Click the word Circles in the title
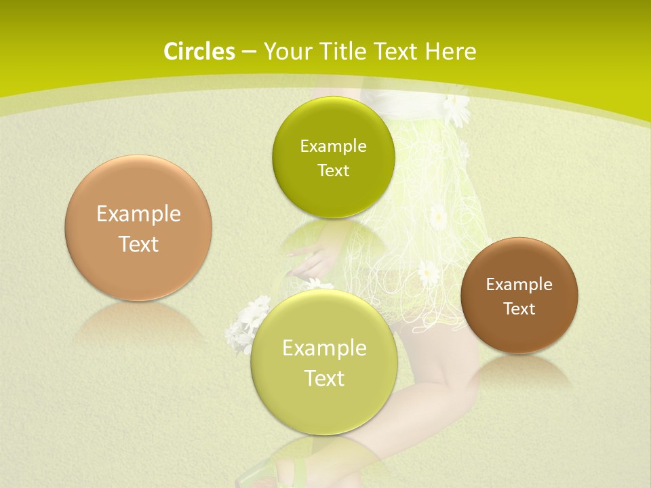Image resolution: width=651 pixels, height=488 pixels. pyautogui.click(x=199, y=52)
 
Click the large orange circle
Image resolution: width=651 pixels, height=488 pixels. pyautogui.click(x=138, y=228)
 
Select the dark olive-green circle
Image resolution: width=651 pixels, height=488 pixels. pyautogui.click(x=333, y=157)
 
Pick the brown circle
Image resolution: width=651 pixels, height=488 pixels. pyautogui.click(x=519, y=296)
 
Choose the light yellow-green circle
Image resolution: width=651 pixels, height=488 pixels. pyautogui.click(x=324, y=362)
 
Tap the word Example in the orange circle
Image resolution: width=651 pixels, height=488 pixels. pyautogui.click(x=138, y=214)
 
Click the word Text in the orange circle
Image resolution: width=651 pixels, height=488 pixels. pyautogui.click(x=138, y=244)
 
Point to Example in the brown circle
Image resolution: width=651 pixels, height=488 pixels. pyautogui.click(x=519, y=285)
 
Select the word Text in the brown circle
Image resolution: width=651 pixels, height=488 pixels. pyautogui.click(x=519, y=309)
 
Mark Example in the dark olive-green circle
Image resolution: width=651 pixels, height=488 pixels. pyautogui.click(x=333, y=146)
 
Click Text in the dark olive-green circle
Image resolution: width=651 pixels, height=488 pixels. pyautogui.click(x=333, y=171)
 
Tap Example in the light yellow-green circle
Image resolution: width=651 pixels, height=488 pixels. pyautogui.click(x=324, y=348)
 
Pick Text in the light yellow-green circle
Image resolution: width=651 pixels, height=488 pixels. pyautogui.click(x=324, y=378)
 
